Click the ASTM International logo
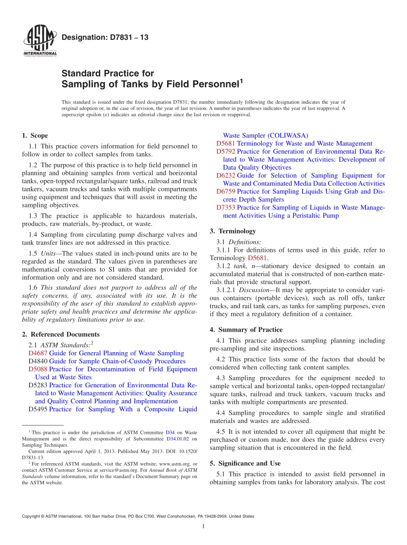tap(39, 41)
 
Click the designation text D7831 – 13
tap(105, 37)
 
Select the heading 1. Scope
tap(35, 135)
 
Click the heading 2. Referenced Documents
tap(60, 334)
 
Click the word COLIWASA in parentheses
tap(287, 135)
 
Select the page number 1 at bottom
tap(203, 526)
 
